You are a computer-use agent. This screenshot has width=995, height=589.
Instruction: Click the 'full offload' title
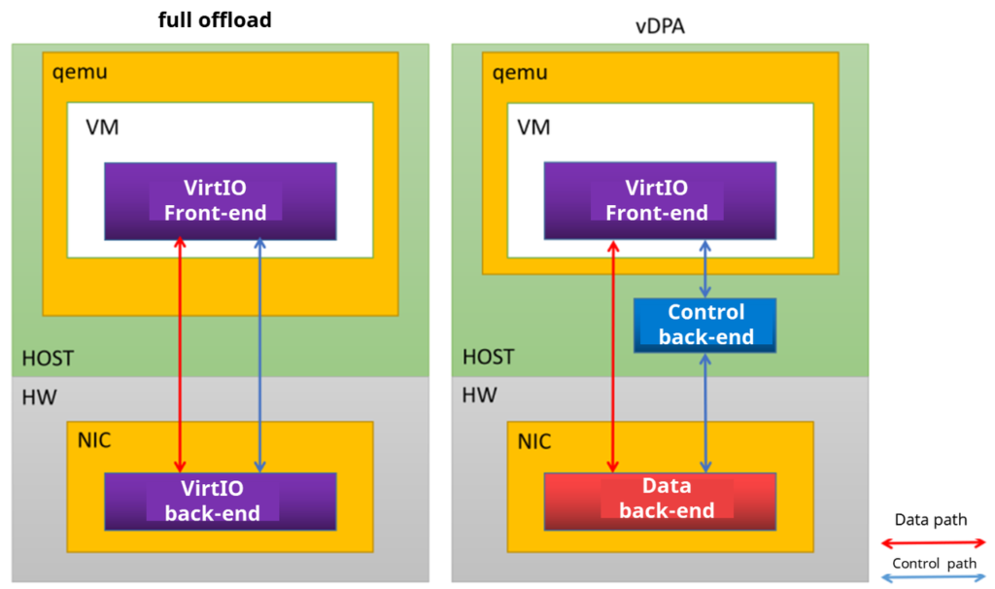point(215,20)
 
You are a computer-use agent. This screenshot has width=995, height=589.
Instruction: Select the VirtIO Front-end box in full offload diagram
point(221,200)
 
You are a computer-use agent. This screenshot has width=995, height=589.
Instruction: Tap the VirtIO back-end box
point(221,501)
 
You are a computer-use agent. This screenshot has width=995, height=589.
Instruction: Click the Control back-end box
point(705,325)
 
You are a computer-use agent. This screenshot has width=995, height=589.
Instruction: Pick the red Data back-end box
point(660,499)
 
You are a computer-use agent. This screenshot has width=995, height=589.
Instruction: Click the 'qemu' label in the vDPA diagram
point(521,73)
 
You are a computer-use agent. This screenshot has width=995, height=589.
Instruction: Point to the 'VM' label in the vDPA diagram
point(533,127)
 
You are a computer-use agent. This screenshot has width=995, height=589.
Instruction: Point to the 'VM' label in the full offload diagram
point(102,127)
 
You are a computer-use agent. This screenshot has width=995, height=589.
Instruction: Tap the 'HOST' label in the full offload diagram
point(48,359)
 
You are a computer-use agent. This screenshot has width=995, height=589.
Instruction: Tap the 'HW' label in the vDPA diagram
point(479,395)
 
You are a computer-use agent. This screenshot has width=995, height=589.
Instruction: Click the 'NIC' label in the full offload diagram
point(94,441)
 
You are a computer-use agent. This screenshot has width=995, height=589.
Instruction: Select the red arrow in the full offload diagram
point(180,355)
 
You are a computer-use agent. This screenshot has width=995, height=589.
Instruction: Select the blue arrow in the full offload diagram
point(259,355)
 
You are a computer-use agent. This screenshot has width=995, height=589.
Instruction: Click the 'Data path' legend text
point(931,520)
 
